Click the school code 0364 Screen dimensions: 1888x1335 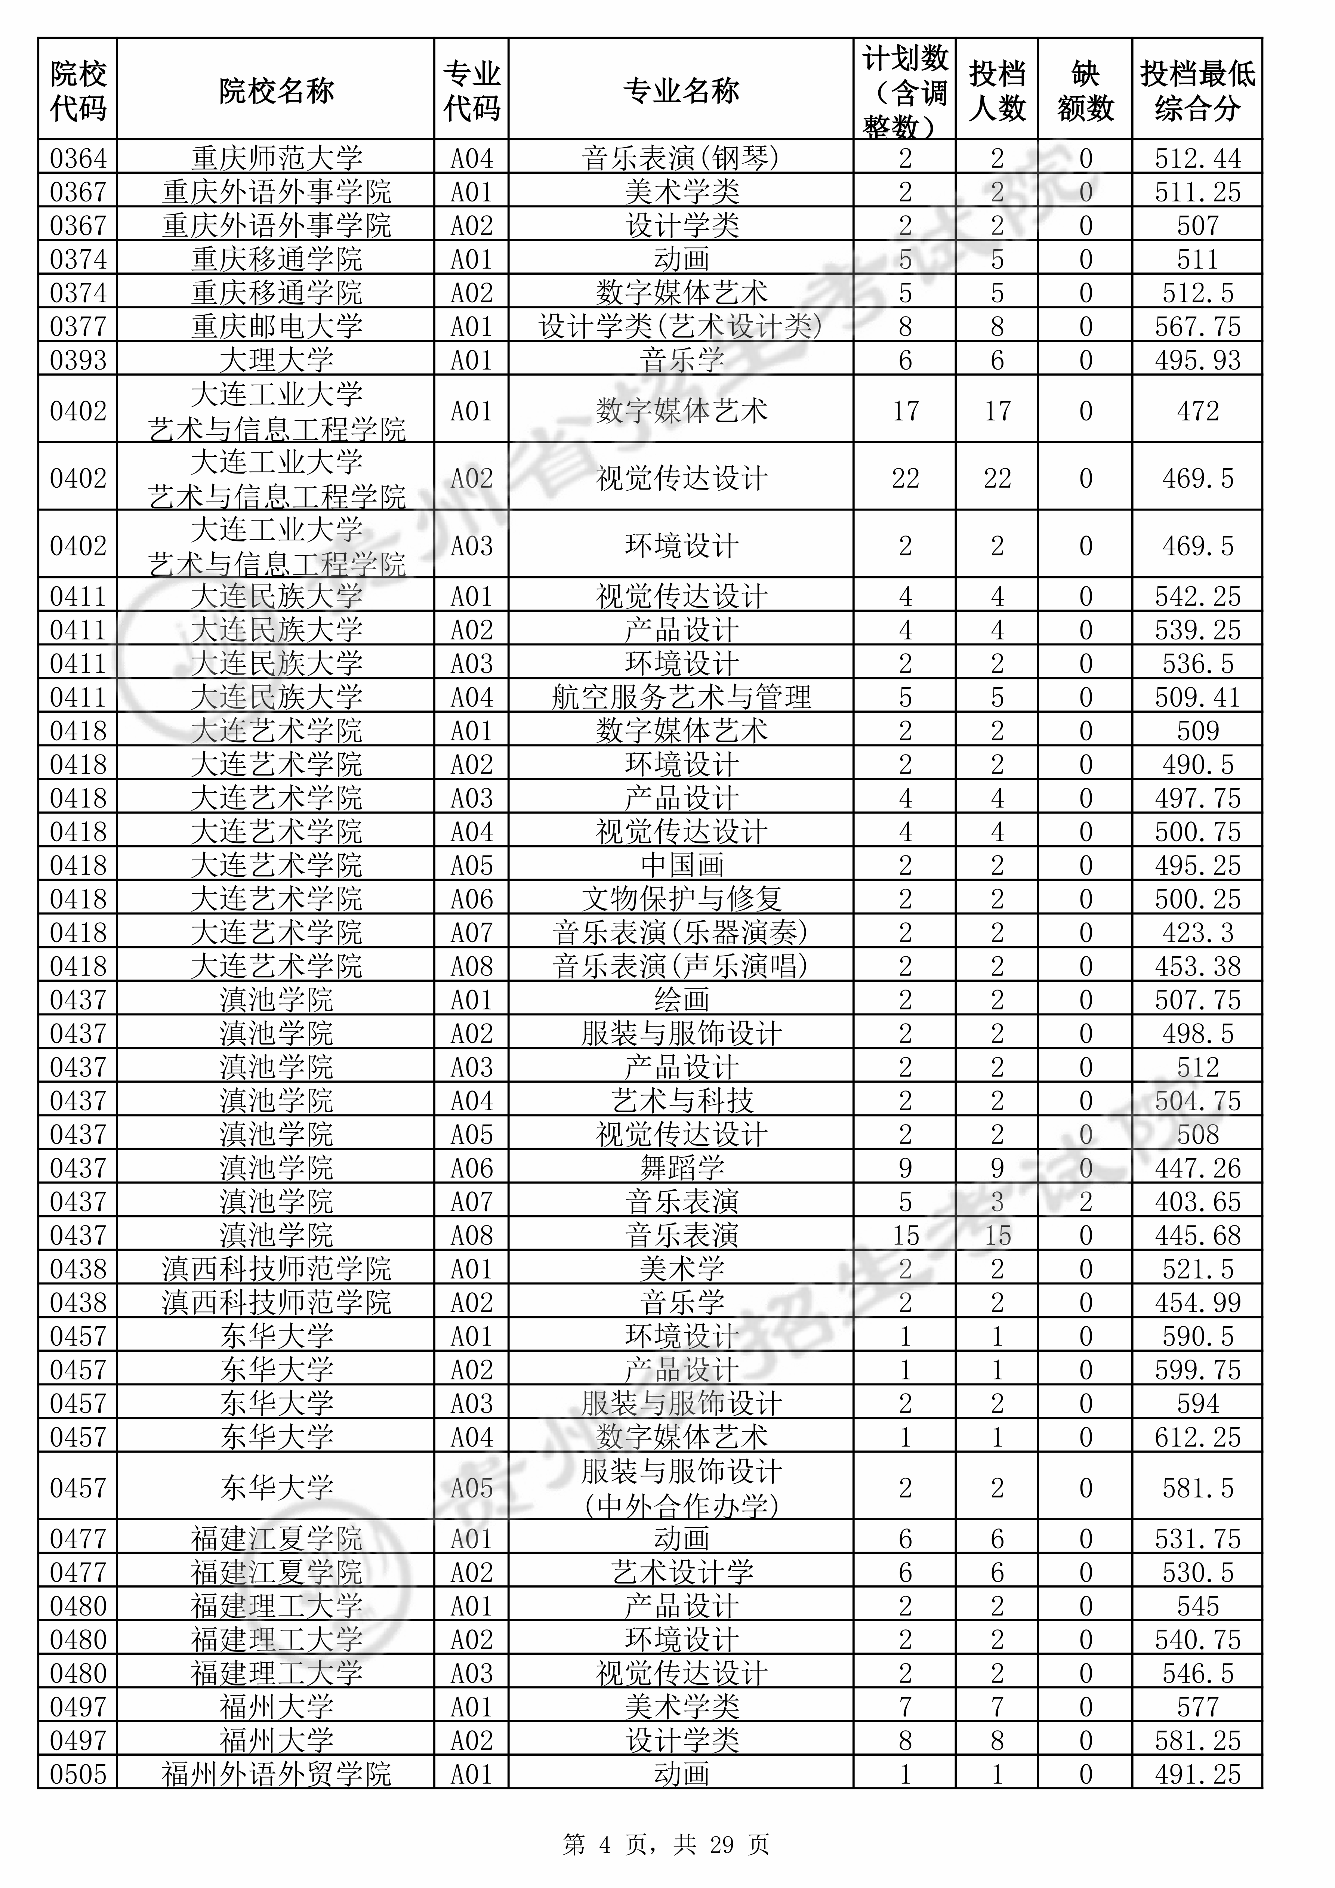click(78, 158)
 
